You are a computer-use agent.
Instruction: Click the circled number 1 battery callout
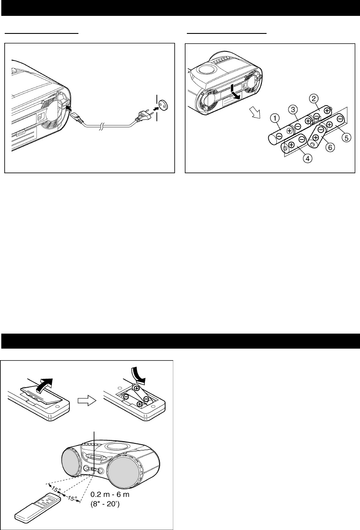pyautogui.click(x=275, y=118)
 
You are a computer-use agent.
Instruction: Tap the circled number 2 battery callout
pyautogui.click(x=314, y=99)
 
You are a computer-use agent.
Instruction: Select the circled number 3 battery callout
pyautogui.click(x=293, y=110)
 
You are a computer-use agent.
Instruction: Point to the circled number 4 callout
pyautogui.click(x=307, y=158)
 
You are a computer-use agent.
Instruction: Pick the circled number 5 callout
pyautogui.click(x=346, y=138)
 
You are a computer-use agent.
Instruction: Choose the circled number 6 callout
pyautogui.click(x=330, y=148)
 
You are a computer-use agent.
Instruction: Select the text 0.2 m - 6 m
pyautogui.click(x=110, y=494)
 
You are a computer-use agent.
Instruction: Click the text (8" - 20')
pyautogui.click(x=105, y=504)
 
